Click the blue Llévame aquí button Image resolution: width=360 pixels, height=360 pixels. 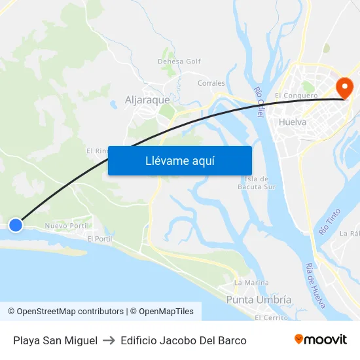coord(179,160)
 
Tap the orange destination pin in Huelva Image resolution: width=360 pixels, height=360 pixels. coord(344,88)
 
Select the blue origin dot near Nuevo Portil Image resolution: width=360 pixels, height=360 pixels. coord(16,225)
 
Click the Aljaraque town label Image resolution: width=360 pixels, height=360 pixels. coord(147,101)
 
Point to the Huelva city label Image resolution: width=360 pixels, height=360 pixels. coord(292,122)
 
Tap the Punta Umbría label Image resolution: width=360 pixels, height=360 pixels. coord(259,299)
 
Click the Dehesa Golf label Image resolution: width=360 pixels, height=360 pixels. coord(179,62)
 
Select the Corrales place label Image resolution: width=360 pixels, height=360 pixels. coord(211,83)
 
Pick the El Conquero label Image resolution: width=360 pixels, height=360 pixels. coord(296,96)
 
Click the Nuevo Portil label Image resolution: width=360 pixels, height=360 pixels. coord(67,226)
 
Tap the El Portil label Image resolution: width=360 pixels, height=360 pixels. coord(99,239)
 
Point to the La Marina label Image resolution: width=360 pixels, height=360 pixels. coord(251,283)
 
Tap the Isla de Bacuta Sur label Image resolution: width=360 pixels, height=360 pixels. coord(260,183)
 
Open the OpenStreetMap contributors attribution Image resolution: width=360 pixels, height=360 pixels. coord(65,312)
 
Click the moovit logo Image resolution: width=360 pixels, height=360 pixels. coord(321,340)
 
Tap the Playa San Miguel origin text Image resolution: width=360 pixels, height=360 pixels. coord(55,340)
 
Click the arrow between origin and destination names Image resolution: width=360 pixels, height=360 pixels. coord(109,340)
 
